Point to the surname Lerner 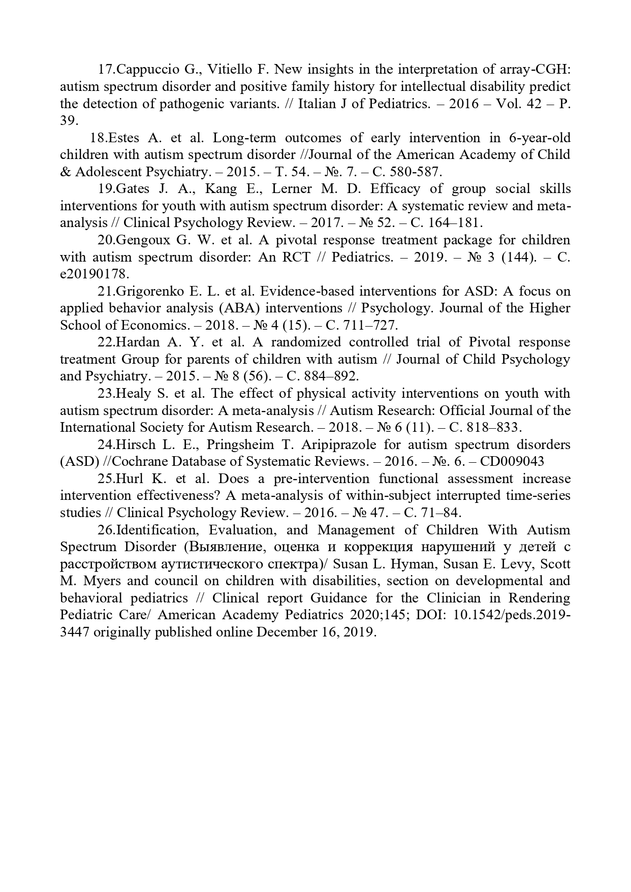coord(292,189)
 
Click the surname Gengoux coord(143,240)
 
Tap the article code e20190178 coord(94,274)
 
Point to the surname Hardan coord(137,342)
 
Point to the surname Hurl coord(131,479)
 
